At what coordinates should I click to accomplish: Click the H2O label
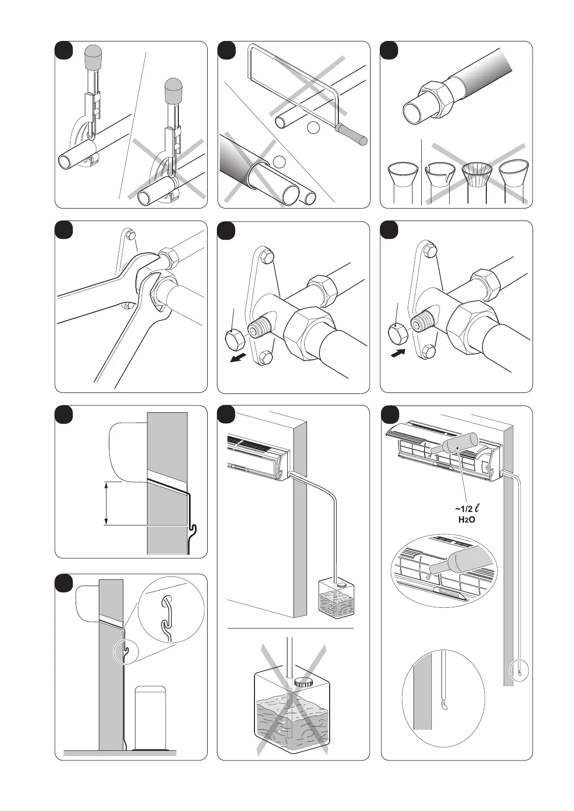(467, 520)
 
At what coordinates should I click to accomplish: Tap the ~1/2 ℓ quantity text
(467, 509)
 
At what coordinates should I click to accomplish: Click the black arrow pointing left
(241, 358)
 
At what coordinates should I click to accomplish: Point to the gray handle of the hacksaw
(351, 133)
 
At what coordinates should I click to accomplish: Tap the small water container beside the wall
(336, 597)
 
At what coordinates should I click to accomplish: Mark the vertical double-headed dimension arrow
(106, 503)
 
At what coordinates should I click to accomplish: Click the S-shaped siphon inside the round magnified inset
(166, 615)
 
